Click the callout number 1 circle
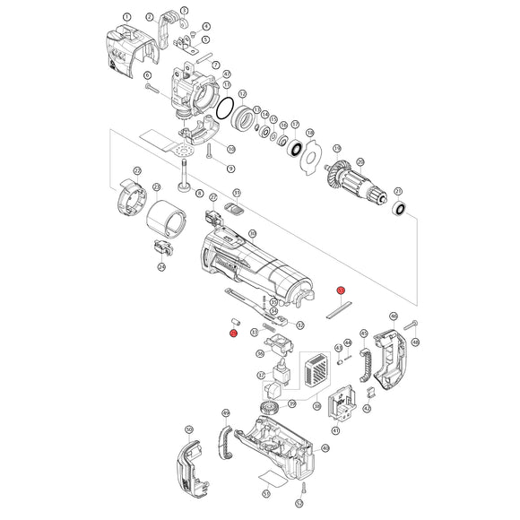click(126, 16)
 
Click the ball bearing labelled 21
click(400, 209)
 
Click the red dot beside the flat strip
click(341, 290)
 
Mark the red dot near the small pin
click(233, 334)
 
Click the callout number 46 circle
click(394, 316)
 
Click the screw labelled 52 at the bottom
click(305, 488)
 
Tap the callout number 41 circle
click(335, 431)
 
